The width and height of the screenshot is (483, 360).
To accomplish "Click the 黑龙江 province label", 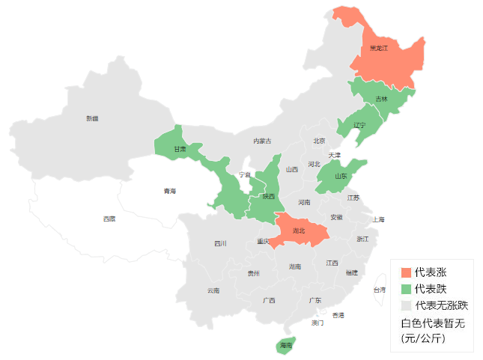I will [x=379, y=48].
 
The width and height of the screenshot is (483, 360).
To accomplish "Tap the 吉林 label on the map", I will [x=381, y=99].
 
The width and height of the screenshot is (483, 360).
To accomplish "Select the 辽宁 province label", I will [x=359, y=125].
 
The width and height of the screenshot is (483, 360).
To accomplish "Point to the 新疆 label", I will [x=92, y=118].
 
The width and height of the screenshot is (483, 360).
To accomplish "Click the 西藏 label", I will [x=109, y=219].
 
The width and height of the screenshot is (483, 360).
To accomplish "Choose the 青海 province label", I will [x=171, y=192].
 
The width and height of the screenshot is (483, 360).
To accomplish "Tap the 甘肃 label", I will [x=180, y=149].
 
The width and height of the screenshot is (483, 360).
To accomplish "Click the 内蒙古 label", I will [x=262, y=141].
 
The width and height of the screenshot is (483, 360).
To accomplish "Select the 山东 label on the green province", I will [x=341, y=177].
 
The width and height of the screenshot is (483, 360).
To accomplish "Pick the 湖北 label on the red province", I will [x=299, y=231].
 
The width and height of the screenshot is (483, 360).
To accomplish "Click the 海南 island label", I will [x=285, y=346].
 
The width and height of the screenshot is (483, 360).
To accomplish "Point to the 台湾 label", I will [x=380, y=290].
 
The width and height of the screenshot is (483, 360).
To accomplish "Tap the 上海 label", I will [x=377, y=219].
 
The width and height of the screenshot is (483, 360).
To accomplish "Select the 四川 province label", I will [x=220, y=243].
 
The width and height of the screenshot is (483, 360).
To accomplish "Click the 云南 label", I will [x=213, y=290].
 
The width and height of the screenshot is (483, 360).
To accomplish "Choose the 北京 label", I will [x=319, y=141].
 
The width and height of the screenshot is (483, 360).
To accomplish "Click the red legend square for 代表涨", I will [x=406, y=272].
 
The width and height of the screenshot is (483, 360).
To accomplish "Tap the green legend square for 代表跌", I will [x=406, y=288].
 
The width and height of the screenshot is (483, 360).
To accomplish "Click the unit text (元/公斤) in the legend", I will [x=423, y=338].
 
